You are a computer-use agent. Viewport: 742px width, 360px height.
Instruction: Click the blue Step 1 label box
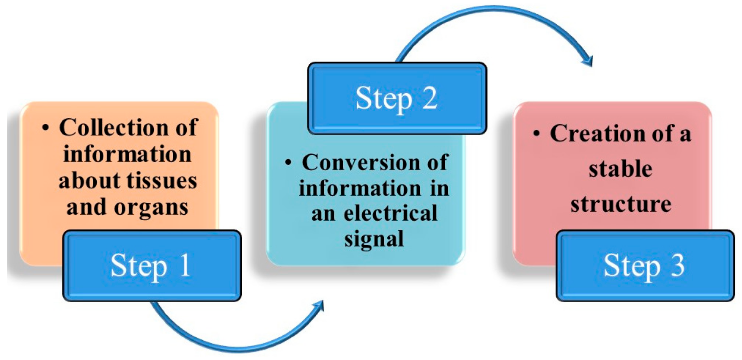(x=152, y=266)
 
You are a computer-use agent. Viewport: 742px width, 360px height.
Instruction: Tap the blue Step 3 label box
(x=645, y=266)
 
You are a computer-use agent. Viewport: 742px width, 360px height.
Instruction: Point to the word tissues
(x=162, y=181)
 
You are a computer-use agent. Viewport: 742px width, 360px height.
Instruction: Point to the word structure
(x=621, y=204)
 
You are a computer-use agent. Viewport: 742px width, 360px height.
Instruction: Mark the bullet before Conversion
(x=288, y=162)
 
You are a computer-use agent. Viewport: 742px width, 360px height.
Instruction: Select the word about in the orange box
(x=89, y=181)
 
